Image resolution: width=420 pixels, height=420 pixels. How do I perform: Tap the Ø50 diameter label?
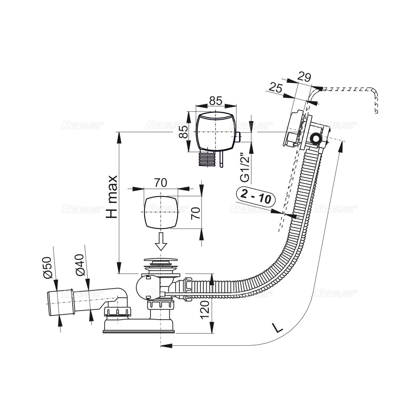click(x=47, y=267)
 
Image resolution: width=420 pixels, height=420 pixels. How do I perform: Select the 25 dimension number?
click(x=276, y=88)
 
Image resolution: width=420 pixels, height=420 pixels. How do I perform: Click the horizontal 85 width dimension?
click(x=215, y=101)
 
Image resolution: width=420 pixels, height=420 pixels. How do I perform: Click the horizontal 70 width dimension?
click(x=160, y=182)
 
